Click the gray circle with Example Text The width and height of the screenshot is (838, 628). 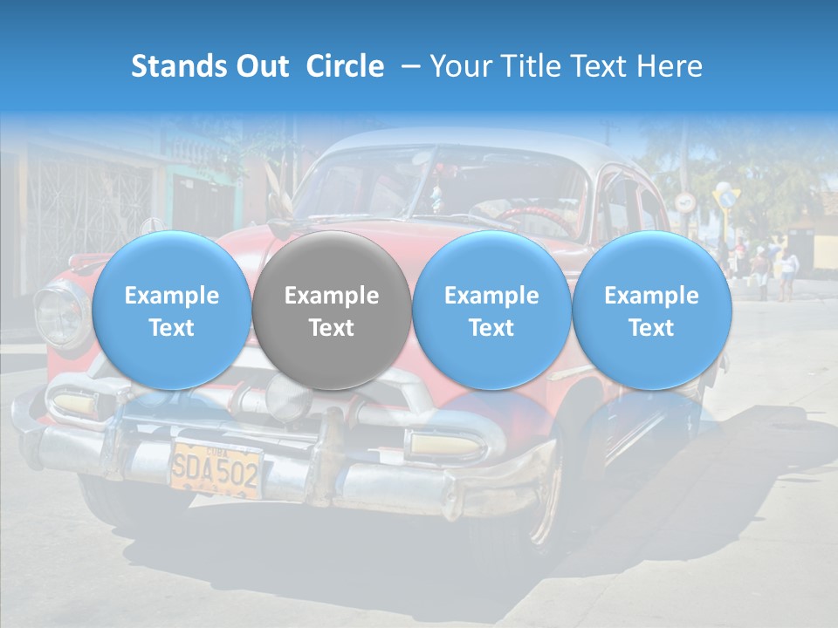coord(332,311)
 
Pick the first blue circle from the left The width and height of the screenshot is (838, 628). coord(172,311)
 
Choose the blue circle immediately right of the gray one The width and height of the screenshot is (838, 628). coord(491,311)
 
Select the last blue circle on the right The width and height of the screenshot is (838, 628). coord(651,311)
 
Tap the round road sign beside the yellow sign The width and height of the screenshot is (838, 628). coord(683,201)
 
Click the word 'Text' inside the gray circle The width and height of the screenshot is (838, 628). coord(332,328)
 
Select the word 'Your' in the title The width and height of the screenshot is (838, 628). coord(458,66)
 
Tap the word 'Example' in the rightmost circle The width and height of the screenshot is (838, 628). coord(651,296)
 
